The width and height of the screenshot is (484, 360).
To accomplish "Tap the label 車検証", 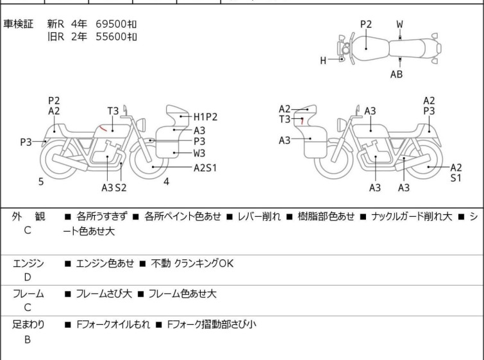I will pyautogui.click(x=19, y=24).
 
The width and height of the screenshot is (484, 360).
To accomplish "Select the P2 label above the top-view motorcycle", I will pyautogui.click(x=365, y=24).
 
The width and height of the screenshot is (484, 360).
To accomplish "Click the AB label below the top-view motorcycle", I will pyautogui.click(x=397, y=74).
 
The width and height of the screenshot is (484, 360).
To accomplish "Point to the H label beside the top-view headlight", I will pyautogui.click(x=324, y=61).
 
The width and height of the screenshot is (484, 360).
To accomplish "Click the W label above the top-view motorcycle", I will pyautogui.click(x=400, y=24).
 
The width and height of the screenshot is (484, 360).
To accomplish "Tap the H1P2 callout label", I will pyautogui.click(x=205, y=117).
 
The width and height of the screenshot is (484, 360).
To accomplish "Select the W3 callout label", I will pyautogui.click(x=199, y=153).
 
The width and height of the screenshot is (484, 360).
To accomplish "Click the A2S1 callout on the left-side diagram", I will pyautogui.click(x=205, y=168).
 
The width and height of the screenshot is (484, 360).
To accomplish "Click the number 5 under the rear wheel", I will pyautogui.click(x=41, y=182).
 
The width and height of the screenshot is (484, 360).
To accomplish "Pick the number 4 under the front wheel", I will pyautogui.click(x=166, y=182).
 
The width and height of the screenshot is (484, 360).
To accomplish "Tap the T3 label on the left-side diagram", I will pyautogui.click(x=113, y=111).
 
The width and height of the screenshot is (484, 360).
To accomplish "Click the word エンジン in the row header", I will pyautogui.click(x=28, y=263).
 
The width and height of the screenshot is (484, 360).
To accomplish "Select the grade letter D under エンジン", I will pyautogui.click(x=28, y=277).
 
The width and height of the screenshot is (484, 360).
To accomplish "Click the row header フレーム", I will pyautogui.click(x=28, y=294).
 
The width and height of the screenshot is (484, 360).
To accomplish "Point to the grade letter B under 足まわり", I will pyautogui.click(x=28, y=339).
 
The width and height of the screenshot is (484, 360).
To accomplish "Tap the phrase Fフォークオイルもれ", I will pyautogui.click(x=113, y=325).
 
